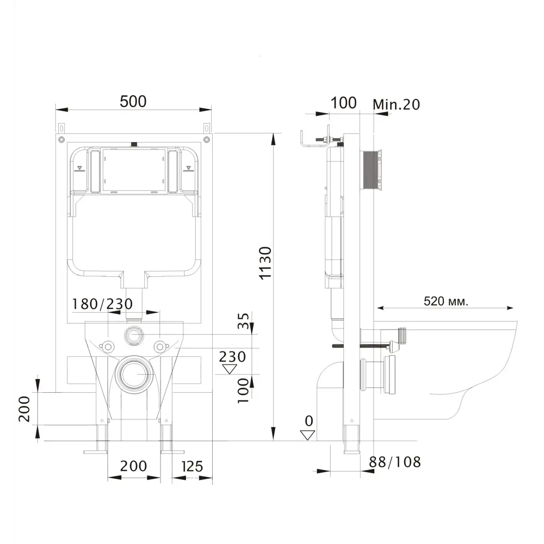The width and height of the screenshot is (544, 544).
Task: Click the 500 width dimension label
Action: pyautogui.click(x=133, y=101)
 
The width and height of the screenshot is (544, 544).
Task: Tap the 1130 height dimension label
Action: pyautogui.click(x=265, y=263)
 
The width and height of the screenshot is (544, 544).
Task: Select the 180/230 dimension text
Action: pyautogui.click(x=102, y=304)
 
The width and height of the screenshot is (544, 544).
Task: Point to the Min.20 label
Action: pyautogui.click(x=396, y=104)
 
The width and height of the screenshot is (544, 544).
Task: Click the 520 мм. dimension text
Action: pyautogui.click(x=446, y=301)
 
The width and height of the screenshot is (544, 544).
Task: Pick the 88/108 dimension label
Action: pyautogui.click(x=395, y=462)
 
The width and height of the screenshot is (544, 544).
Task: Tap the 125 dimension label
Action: pyautogui.click(x=192, y=466)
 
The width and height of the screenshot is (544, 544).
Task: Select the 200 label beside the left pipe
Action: pyautogui.click(x=24, y=409)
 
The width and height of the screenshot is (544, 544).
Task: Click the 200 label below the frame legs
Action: pyautogui.click(x=134, y=466)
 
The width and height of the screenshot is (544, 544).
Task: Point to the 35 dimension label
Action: pyautogui.click(x=244, y=320)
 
